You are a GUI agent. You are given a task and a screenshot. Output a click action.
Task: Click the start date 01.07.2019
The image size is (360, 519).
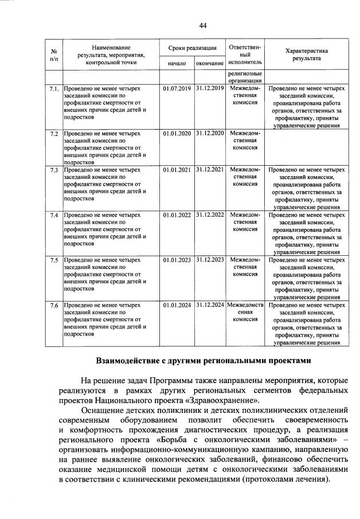[x=177, y=89]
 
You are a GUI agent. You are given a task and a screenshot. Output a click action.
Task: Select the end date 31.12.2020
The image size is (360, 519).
[x=210, y=133]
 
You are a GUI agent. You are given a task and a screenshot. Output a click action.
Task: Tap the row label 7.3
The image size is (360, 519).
[x=54, y=170]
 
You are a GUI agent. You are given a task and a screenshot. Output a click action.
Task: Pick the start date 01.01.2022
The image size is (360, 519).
[x=177, y=215]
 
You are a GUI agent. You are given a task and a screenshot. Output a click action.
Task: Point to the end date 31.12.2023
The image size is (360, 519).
[x=210, y=260]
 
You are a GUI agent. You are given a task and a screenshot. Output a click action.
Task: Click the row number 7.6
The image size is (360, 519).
[x=54, y=305]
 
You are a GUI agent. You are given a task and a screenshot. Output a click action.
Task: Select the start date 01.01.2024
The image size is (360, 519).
[x=177, y=305]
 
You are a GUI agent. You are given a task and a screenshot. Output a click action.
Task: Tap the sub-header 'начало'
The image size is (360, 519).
[x=177, y=63]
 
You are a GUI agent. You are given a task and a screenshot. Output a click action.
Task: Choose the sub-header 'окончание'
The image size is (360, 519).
[x=210, y=63]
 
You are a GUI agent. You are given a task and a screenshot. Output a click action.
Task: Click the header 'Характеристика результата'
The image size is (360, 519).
[x=307, y=54]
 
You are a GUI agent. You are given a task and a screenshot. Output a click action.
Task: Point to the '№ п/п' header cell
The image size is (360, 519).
[x=54, y=54]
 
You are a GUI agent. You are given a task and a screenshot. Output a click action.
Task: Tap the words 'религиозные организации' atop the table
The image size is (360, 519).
[x=245, y=77]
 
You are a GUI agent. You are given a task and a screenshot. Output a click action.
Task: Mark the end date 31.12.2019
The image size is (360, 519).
[x=210, y=89]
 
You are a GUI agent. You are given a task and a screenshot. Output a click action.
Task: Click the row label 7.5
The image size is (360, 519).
[x=54, y=260]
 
